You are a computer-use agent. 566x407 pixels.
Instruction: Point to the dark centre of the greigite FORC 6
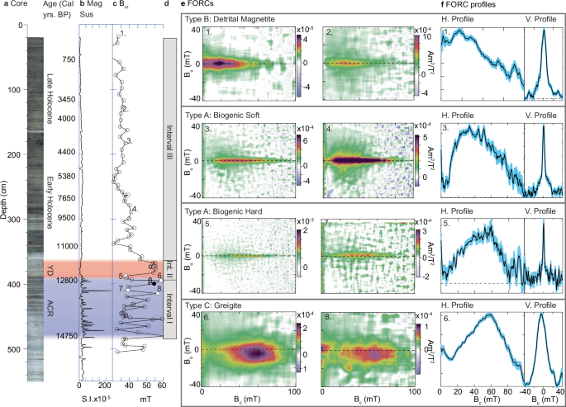[258, 353]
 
